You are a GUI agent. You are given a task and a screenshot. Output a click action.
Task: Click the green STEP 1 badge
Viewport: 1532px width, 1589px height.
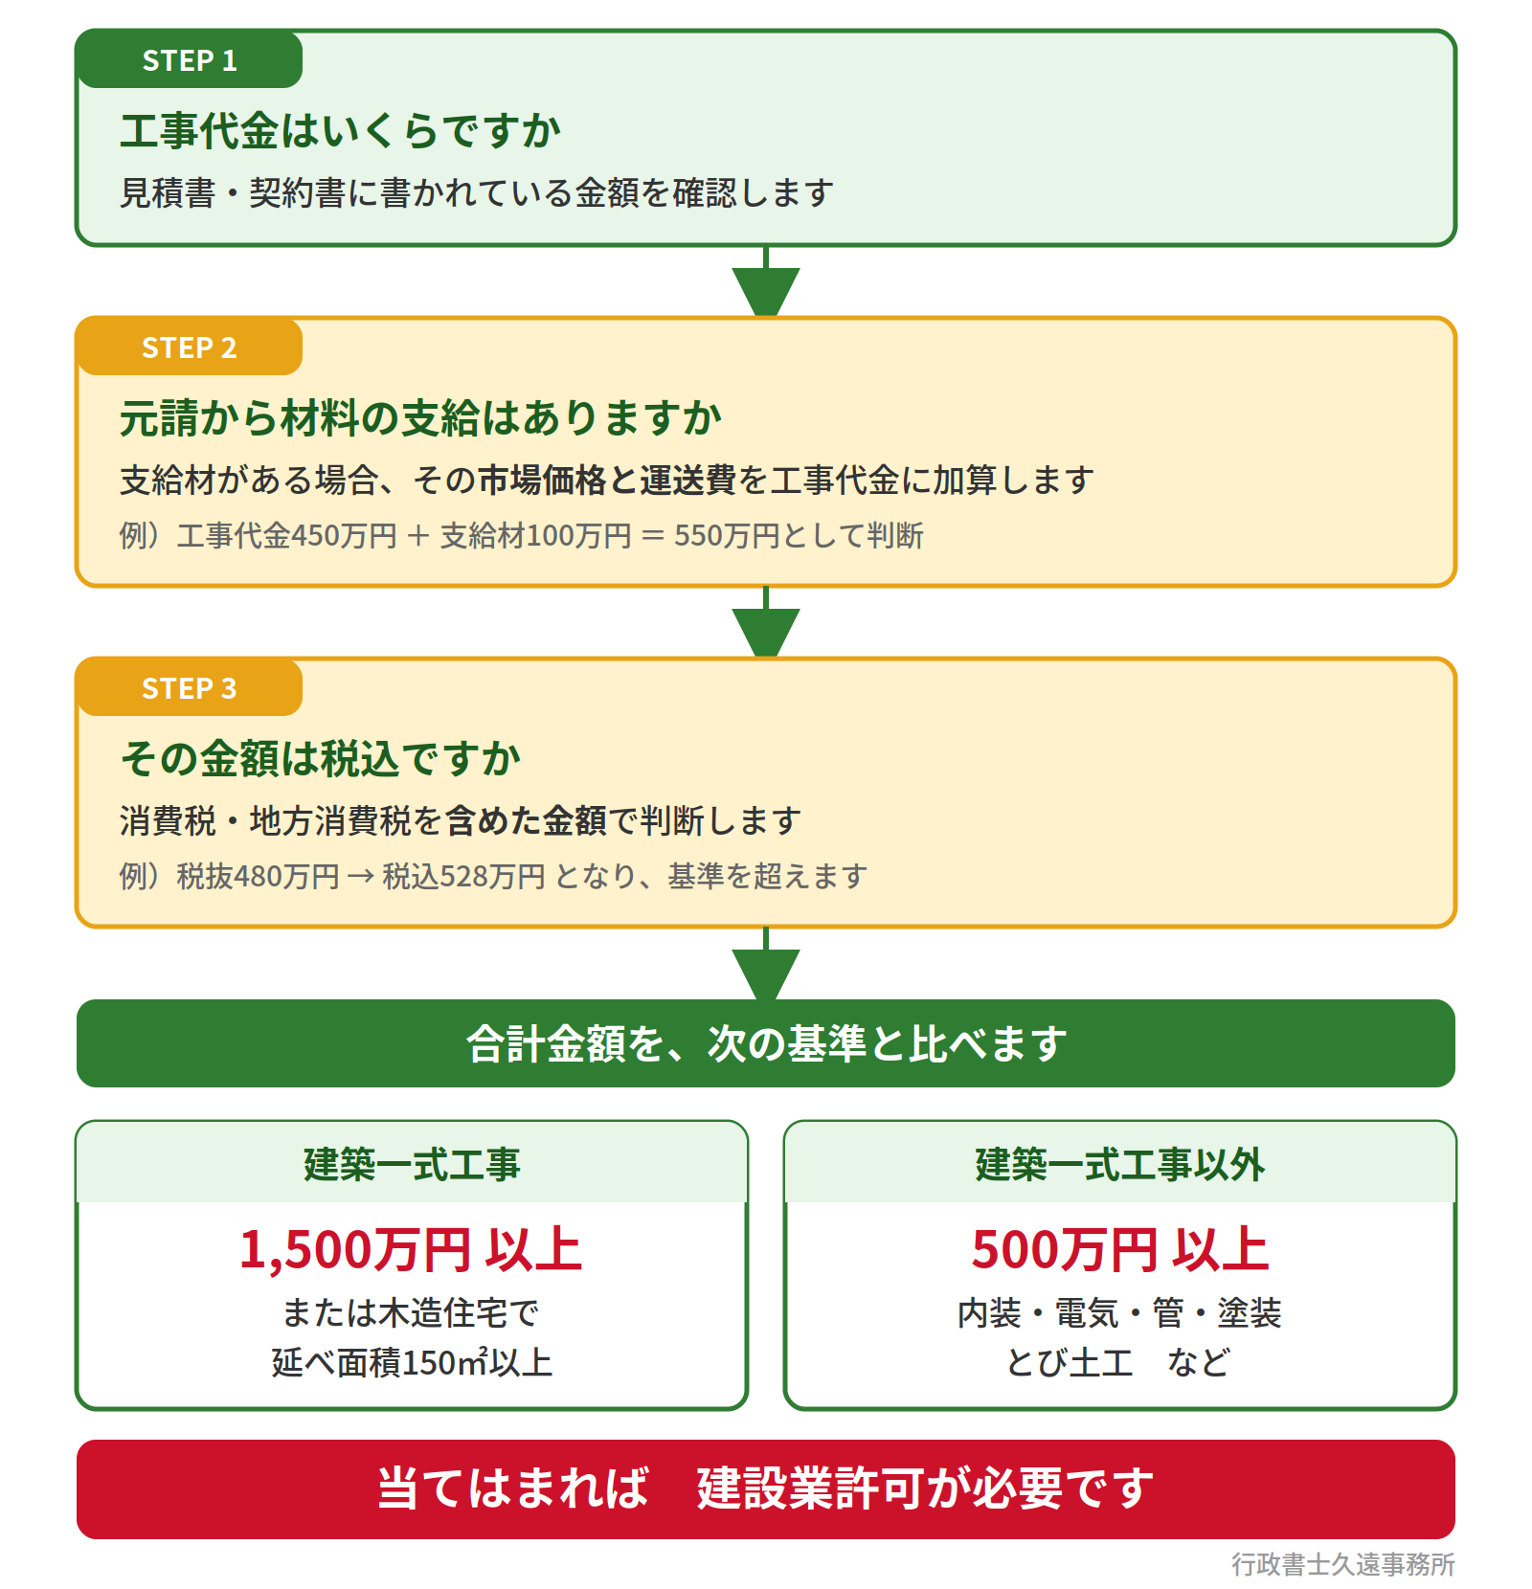tap(190, 59)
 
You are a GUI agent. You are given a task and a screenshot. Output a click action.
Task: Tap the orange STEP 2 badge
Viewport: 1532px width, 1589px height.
tap(190, 347)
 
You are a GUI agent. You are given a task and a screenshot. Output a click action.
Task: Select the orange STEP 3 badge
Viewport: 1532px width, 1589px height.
tap(190, 687)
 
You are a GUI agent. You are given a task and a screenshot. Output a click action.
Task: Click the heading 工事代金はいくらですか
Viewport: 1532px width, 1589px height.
tap(341, 130)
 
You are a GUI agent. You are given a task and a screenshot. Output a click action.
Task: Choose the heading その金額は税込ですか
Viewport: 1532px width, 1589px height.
tap(321, 758)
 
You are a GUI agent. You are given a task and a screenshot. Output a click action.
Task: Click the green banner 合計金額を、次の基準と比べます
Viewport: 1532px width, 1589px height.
tap(766, 1043)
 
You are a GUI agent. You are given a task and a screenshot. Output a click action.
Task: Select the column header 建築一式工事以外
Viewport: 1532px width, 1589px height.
tap(1120, 1164)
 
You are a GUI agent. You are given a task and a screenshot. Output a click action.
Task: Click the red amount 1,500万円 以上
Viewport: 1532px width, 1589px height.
tap(412, 1249)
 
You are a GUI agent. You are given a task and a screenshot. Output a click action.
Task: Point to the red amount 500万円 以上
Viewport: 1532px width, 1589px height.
tap(1120, 1249)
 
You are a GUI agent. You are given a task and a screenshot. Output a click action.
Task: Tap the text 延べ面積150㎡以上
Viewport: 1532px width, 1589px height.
tap(412, 1361)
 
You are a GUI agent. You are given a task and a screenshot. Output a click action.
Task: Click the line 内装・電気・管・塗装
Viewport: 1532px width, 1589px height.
tap(1120, 1312)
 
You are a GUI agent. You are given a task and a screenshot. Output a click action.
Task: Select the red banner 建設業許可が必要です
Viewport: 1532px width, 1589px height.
tap(926, 1488)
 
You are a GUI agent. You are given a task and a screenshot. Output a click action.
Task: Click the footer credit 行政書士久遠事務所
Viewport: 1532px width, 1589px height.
tap(1343, 1564)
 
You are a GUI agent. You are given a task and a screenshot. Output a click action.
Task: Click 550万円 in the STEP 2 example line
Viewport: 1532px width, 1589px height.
tap(727, 535)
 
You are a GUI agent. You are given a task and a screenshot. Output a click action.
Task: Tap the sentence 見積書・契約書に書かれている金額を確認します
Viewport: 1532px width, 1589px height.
tap(477, 192)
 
